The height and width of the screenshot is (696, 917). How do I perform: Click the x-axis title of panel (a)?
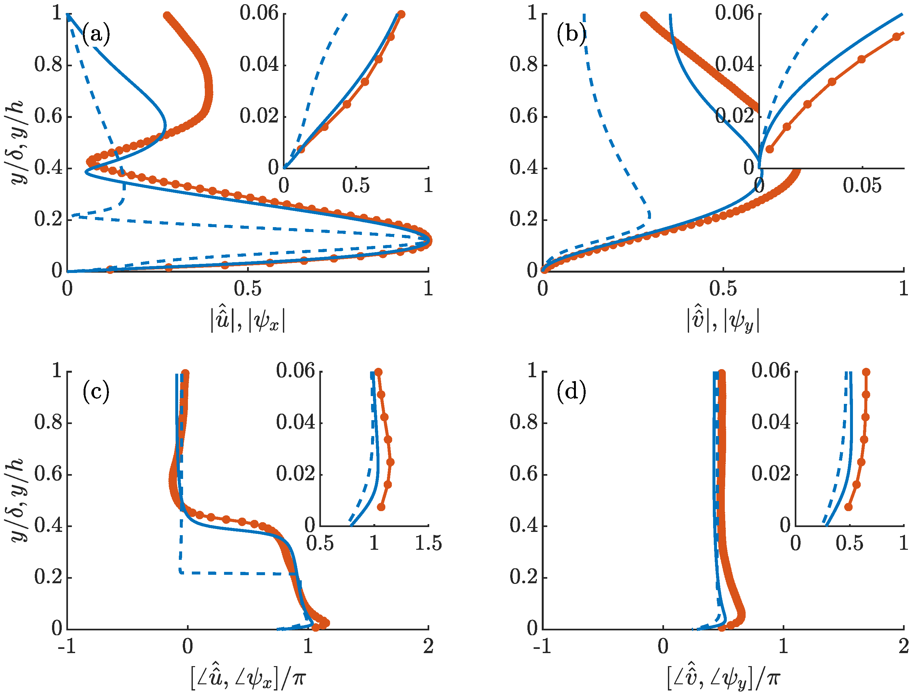[248, 320]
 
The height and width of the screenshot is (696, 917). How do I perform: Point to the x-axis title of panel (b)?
[723, 320]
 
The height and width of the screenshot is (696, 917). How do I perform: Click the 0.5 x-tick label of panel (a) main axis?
[248, 289]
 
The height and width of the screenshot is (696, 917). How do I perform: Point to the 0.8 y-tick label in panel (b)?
[524, 65]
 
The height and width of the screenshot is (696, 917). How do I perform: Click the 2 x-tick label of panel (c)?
[428, 647]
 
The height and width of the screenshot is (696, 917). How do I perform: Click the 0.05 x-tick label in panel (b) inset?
[862, 186]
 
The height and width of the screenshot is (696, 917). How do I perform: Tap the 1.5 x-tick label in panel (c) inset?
[428, 543]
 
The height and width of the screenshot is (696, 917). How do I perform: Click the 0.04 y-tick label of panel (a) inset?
[259, 65]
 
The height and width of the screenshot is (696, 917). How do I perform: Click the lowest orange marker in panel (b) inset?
[769, 149]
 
